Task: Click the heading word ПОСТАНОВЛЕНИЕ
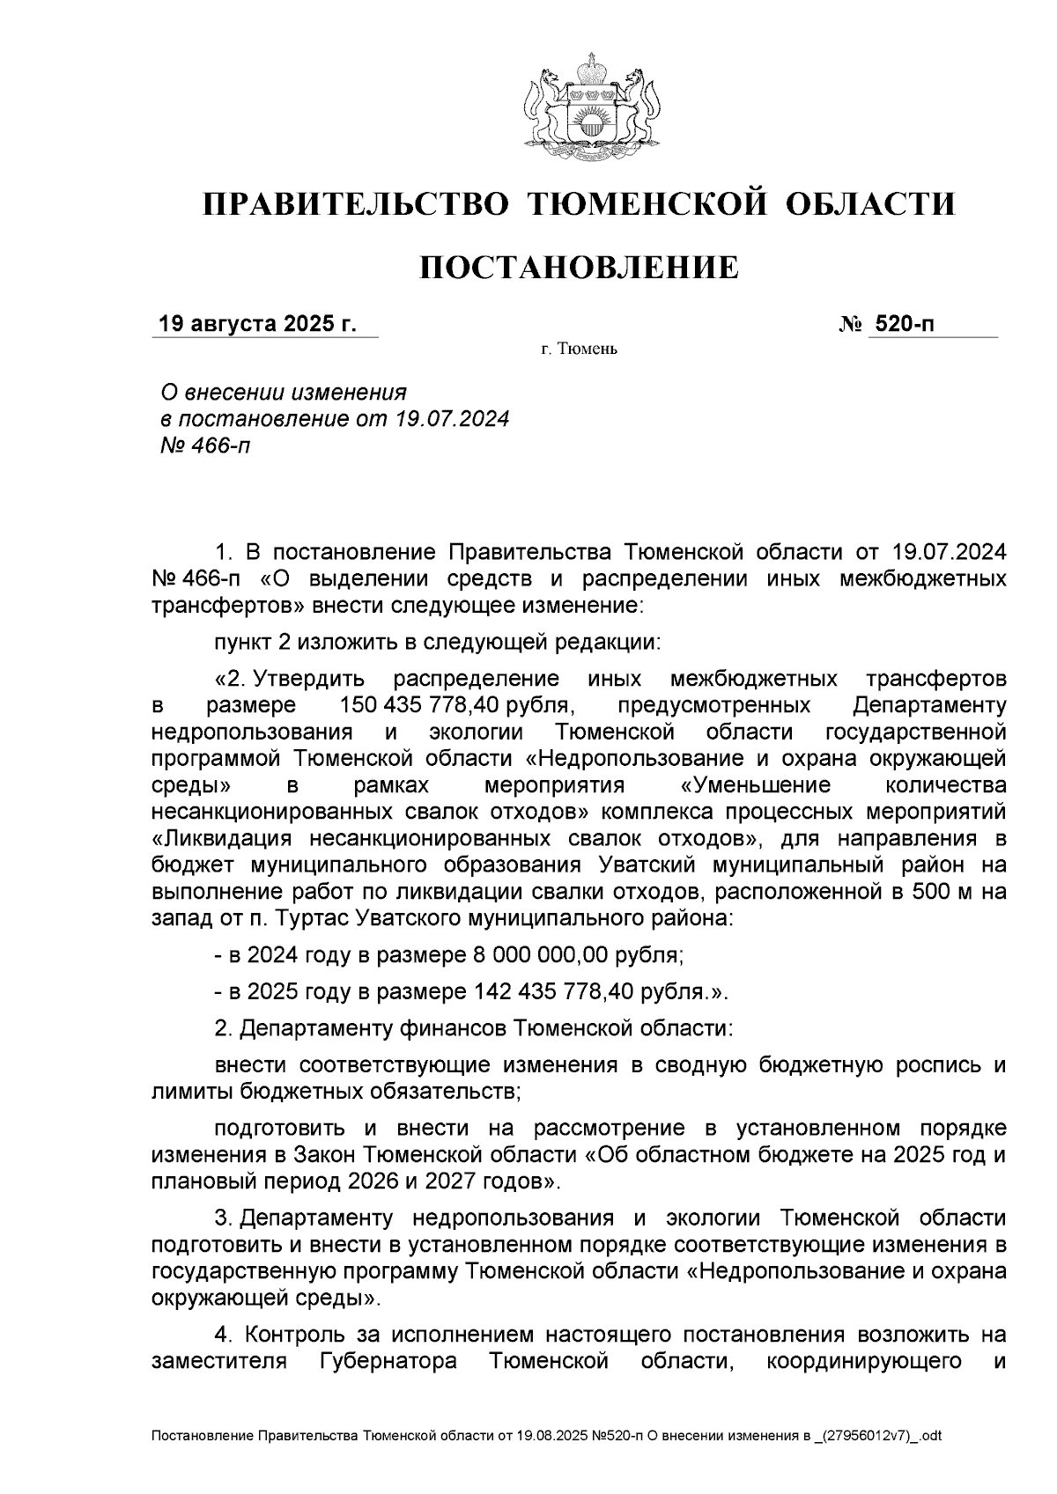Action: (x=579, y=267)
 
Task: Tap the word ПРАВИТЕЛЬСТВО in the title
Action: (x=356, y=204)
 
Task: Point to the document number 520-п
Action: (x=903, y=324)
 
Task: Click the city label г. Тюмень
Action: (x=579, y=350)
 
